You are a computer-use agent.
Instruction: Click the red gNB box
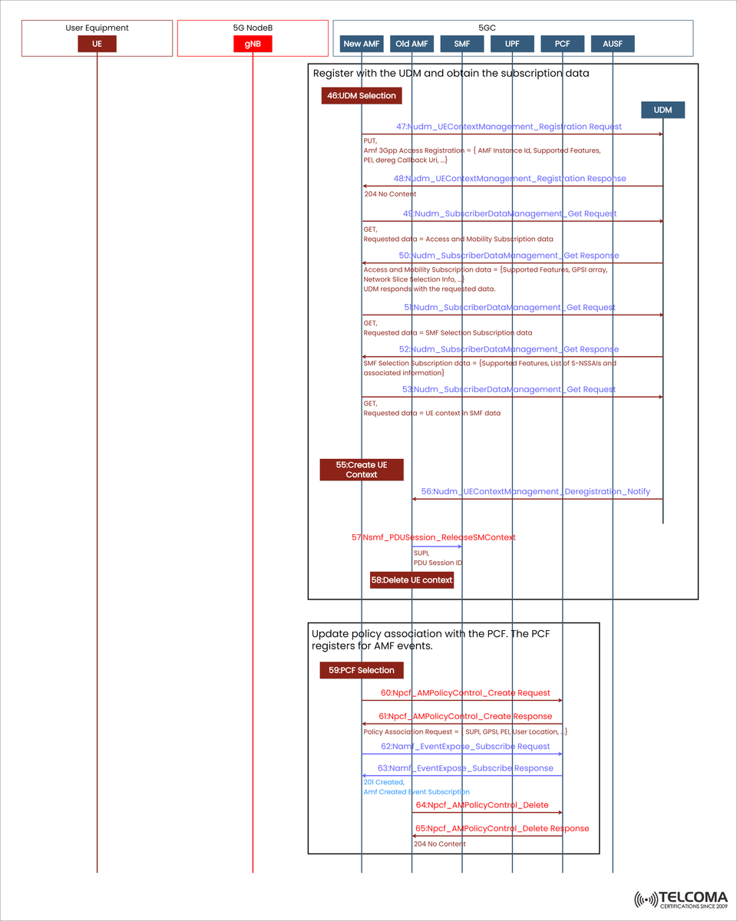point(253,44)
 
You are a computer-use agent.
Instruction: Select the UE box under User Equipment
point(97,44)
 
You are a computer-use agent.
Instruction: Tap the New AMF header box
point(362,44)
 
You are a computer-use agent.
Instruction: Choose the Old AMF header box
point(411,44)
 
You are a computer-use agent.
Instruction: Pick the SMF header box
point(462,44)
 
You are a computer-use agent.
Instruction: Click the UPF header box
point(512,44)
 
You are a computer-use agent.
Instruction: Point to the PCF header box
point(562,44)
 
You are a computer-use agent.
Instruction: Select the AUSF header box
point(613,44)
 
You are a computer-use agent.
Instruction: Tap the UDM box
point(663,110)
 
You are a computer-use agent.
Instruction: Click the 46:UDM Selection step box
point(362,96)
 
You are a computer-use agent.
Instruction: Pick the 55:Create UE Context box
point(362,470)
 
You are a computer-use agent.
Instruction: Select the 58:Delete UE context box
point(411,579)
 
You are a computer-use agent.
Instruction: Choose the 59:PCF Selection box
point(361,670)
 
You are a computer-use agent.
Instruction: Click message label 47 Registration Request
point(509,127)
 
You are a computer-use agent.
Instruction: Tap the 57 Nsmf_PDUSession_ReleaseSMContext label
point(434,537)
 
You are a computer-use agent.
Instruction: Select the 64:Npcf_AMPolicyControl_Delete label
point(482,805)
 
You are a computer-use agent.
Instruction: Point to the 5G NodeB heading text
point(253,28)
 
